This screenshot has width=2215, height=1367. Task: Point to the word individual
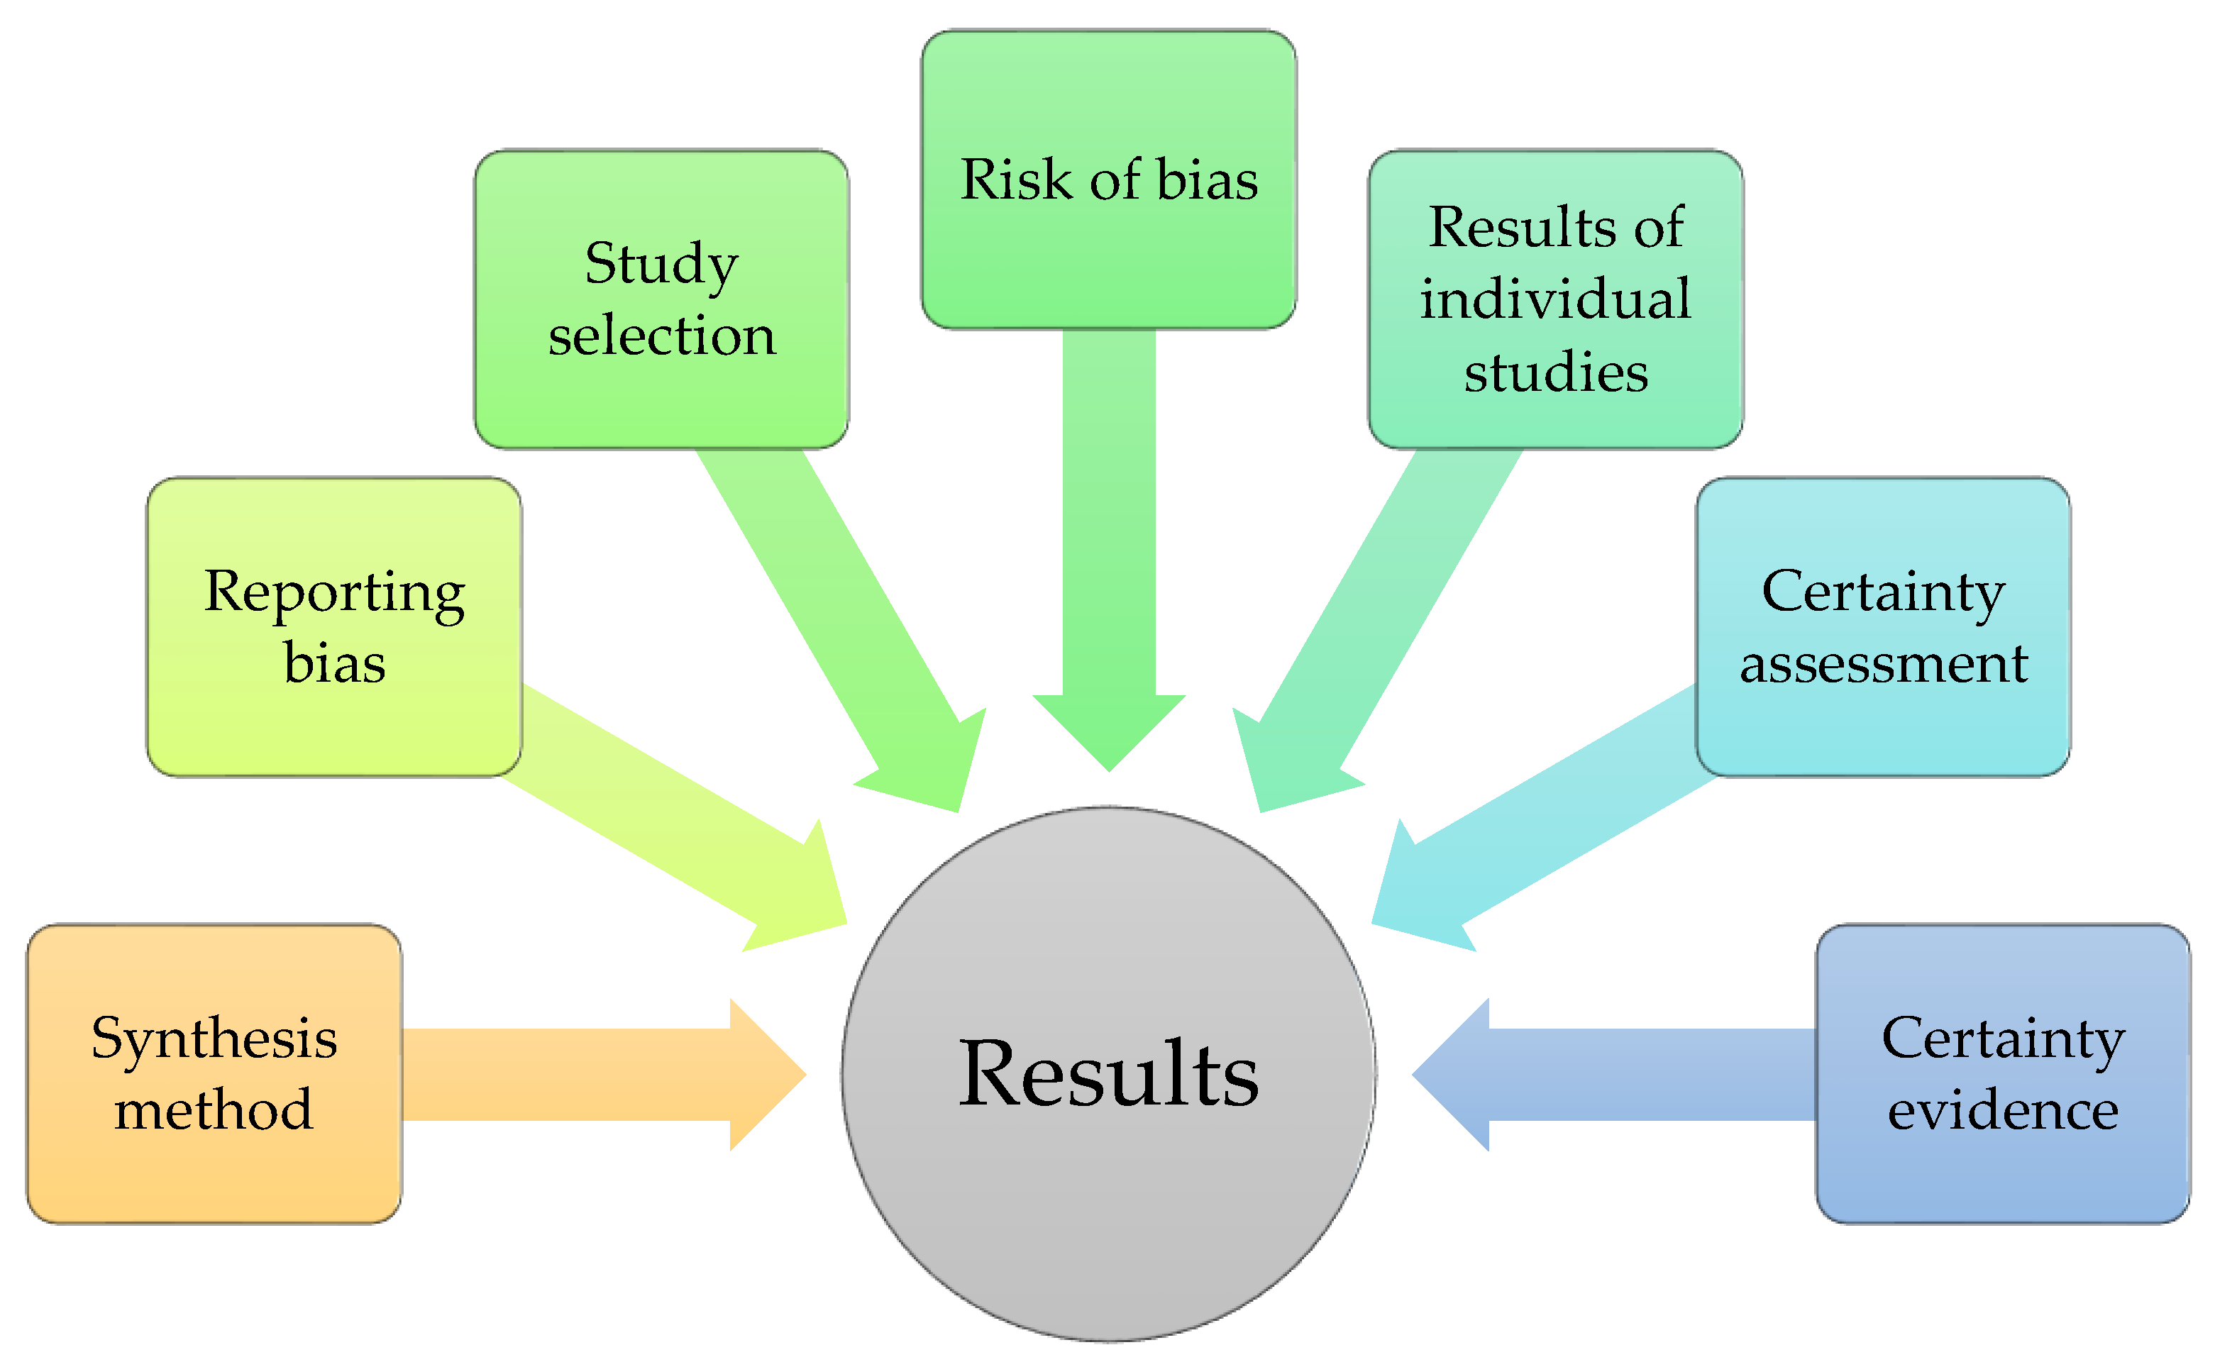click(1555, 299)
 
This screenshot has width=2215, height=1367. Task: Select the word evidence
click(2003, 1110)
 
